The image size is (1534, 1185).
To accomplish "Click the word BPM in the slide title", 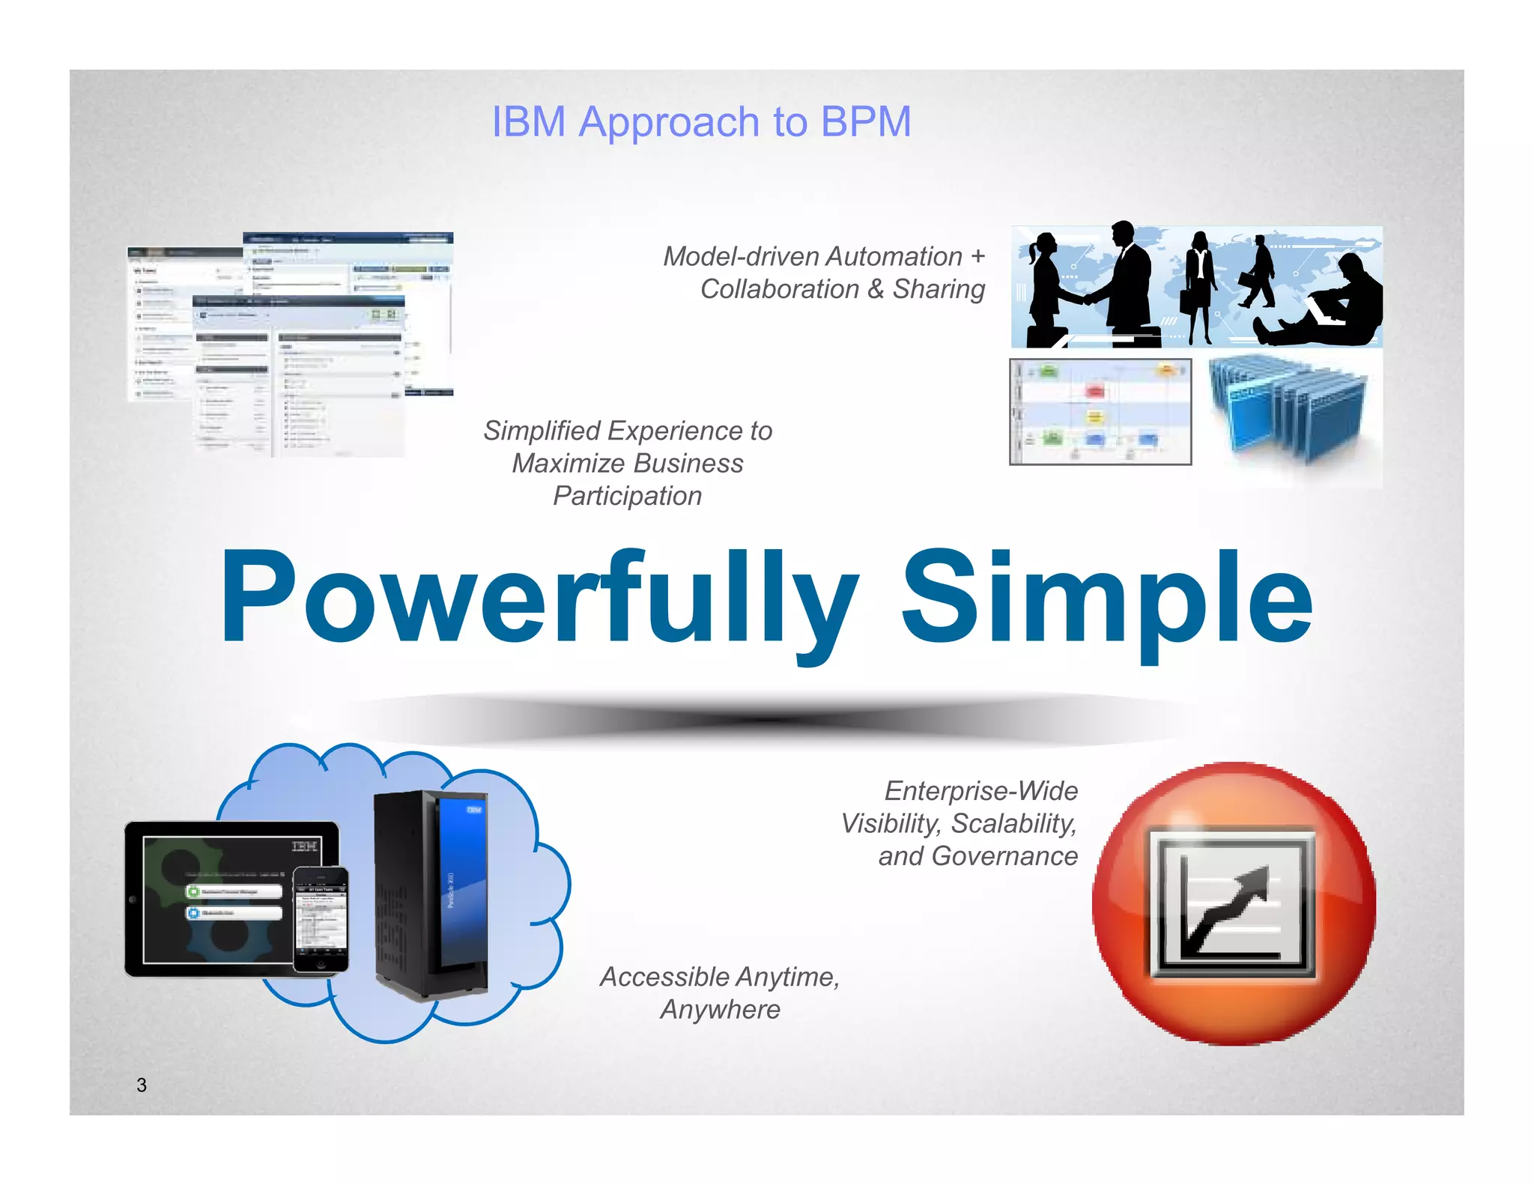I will [866, 121].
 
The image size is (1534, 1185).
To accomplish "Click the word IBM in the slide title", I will [528, 121].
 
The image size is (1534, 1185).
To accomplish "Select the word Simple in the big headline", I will [1106, 599].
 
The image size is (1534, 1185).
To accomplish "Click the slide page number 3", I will [142, 1085].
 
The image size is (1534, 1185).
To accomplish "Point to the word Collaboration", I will [779, 289].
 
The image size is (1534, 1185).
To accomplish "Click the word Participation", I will [627, 496].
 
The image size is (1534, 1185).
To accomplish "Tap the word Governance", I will [1004, 856].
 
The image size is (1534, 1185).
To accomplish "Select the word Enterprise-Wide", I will [981, 791].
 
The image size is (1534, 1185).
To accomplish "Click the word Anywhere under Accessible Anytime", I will [720, 1010].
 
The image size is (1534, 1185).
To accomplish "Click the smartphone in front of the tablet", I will [321, 920].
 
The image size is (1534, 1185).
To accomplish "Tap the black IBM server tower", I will [431, 895].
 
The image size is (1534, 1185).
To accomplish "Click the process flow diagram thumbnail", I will [1100, 412].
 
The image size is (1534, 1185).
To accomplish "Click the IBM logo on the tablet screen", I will [304, 846].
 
